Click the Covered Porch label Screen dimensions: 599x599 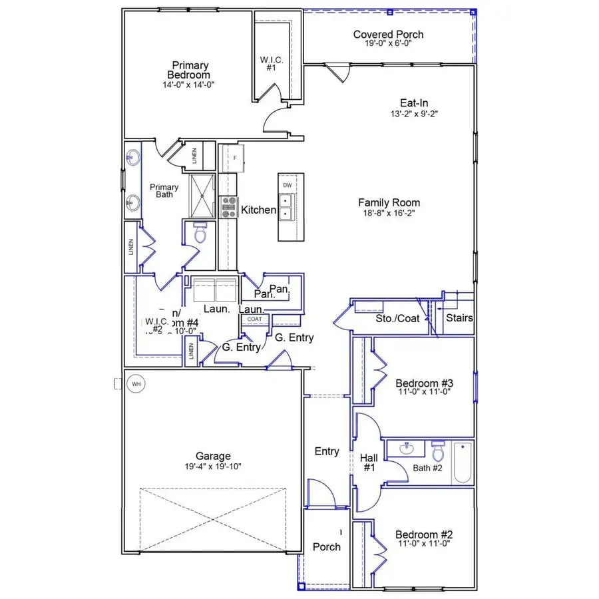pos(388,35)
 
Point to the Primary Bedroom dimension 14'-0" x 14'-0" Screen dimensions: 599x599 pos(190,85)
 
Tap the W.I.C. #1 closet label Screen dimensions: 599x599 pos(272,64)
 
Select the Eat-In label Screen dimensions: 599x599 pos(413,103)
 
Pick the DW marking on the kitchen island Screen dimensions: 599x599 pos(288,185)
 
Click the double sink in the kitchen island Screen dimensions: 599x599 pos(288,206)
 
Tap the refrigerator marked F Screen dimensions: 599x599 pos(234,158)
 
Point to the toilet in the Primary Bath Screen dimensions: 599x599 pos(199,233)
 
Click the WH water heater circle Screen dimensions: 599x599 pos(136,384)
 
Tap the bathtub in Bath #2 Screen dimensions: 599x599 pos(463,463)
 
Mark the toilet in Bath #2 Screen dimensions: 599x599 pos(437,451)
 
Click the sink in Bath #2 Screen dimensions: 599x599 pos(407,450)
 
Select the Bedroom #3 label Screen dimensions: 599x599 pos(424,383)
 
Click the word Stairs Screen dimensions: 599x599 pos(459,318)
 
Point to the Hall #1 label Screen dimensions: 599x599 pos(368,463)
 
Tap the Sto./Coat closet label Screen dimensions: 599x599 pos(398,319)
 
